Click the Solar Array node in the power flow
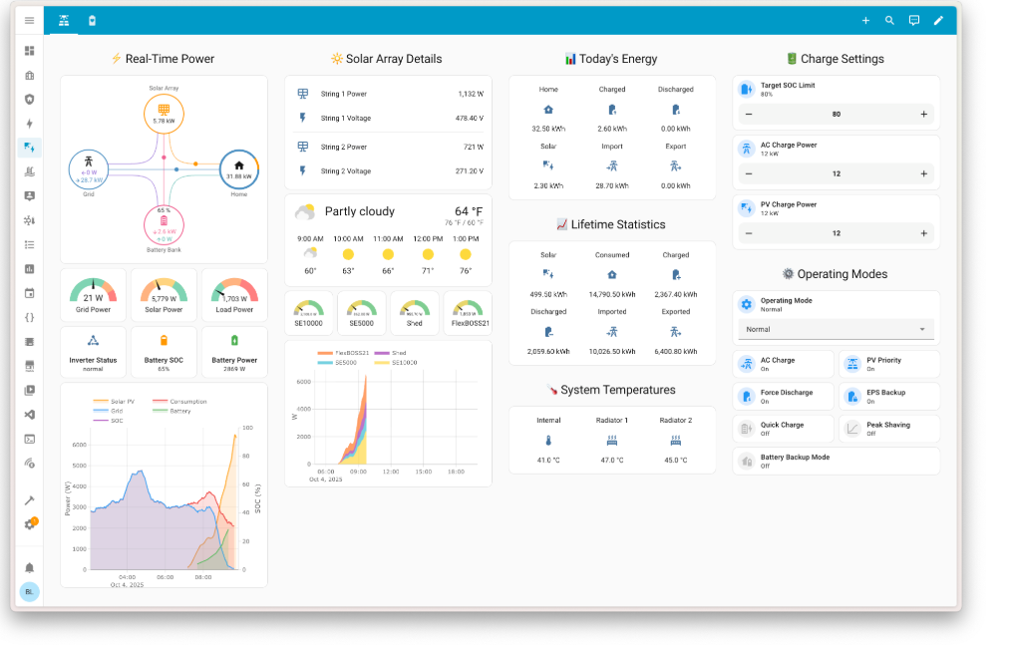tap(164, 114)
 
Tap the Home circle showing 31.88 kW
tap(238, 169)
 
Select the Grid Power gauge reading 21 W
tap(93, 292)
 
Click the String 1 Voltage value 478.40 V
tap(469, 118)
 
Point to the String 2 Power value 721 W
tap(473, 147)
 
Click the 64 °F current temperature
tap(469, 211)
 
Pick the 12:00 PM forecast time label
tap(427, 239)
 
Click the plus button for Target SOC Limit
tap(923, 115)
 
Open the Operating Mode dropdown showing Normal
tap(836, 329)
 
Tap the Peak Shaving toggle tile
tap(888, 429)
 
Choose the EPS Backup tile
tap(888, 397)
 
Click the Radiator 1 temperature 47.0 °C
tap(612, 461)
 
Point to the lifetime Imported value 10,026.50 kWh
tap(612, 351)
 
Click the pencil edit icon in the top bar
tap(937, 20)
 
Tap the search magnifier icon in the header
tap(889, 20)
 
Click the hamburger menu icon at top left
tap(29, 20)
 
